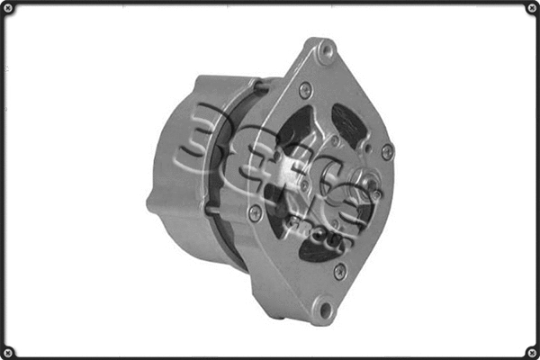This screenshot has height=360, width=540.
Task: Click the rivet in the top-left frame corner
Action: pyautogui.click(x=8, y=8)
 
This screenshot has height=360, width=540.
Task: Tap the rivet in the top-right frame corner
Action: pyautogui.click(x=531, y=8)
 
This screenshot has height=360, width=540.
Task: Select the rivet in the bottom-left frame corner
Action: pyautogui.click(x=8, y=351)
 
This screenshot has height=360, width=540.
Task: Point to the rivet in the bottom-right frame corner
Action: pyautogui.click(x=531, y=351)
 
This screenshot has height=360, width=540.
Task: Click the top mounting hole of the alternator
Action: pyautogui.click(x=326, y=51)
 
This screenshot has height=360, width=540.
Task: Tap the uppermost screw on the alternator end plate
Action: pyautogui.click(x=306, y=90)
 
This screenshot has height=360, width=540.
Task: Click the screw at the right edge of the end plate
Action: pyautogui.click(x=387, y=151)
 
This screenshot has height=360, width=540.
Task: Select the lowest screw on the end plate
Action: pyautogui.click(x=339, y=271)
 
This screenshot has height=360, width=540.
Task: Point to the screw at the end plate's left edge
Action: pyautogui.click(x=255, y=212)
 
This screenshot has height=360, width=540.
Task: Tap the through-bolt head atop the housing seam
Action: pyautogui.click(x=260, y=86)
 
